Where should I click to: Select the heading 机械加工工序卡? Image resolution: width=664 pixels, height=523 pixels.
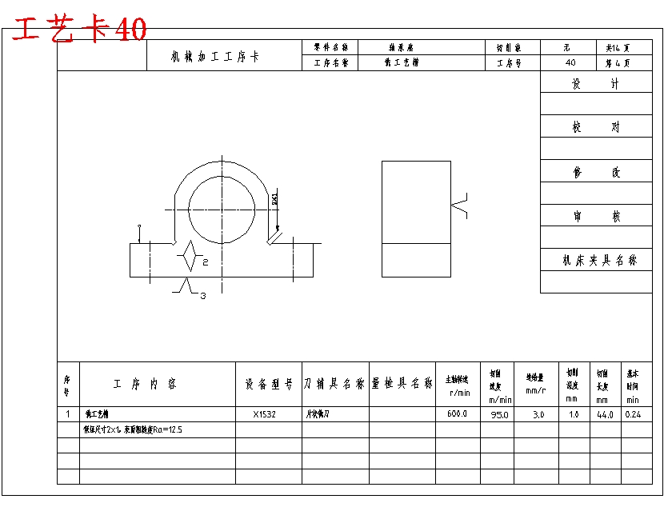214,57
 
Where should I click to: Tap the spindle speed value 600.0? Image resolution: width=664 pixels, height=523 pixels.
457,414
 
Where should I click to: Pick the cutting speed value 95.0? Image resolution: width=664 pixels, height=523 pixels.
500,414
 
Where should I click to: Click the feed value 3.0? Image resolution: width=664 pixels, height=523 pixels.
538,414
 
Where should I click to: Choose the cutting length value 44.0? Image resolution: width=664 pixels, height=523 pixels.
604,414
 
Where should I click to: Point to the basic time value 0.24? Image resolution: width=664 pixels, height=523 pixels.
633,414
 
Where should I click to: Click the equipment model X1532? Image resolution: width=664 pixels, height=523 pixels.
265,414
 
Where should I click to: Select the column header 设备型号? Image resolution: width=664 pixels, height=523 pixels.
269,384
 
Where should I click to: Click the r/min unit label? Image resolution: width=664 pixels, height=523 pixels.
459,392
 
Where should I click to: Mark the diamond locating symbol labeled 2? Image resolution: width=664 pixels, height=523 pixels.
190,256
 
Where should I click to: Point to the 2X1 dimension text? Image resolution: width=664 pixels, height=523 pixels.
275,200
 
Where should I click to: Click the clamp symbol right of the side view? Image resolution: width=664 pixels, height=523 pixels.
459,206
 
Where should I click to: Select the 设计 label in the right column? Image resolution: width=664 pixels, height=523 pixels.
595,83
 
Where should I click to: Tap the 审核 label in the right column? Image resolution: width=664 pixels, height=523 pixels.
595,216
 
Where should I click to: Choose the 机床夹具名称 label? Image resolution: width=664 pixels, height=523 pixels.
600,261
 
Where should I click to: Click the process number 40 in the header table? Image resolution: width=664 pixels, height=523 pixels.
570,62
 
